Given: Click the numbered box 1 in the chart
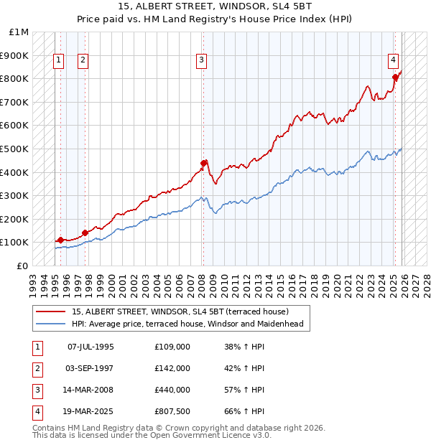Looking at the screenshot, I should pyautogui.click(x=58, y=60).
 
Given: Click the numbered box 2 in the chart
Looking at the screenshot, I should pyautogui.click(x=83, y=60).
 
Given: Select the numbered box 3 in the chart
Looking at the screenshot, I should pyautogui.click(x=202, y=60).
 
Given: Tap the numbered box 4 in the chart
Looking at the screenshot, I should pyautogui.click(x=394, y=60).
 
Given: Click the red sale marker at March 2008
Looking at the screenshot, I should pyautogui.click(x=204, y=162).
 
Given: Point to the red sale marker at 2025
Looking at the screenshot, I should pyautogui.click(x=395, y=77).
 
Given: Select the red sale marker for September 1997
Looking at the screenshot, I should pyautogui.click(x=85, y=233).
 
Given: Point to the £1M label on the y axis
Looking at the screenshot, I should pyautogui.click(x=19, y=32).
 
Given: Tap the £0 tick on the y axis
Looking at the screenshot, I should pyautogui.click(x=23, y=266).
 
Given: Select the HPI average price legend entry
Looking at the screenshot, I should pyautogui.click(x=187, y=324).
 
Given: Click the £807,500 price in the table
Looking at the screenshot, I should pyautogui.click(x=172, y=411).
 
